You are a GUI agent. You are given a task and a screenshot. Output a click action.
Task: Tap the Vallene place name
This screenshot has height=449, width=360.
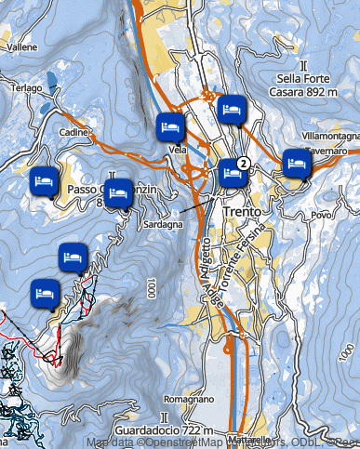22,46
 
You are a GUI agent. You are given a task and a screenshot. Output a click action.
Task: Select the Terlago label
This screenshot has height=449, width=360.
26,88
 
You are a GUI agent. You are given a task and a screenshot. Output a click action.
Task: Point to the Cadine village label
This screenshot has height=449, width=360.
72,133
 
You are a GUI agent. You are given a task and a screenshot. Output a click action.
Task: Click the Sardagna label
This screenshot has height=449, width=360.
161,225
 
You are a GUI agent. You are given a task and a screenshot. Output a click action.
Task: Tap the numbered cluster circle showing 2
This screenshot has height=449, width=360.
243,164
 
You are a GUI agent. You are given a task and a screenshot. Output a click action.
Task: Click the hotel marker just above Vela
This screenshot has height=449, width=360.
169,125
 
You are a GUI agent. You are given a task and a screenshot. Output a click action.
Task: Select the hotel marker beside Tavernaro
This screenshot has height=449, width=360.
296,164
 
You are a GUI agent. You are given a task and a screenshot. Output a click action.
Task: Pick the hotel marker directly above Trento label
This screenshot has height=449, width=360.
232,173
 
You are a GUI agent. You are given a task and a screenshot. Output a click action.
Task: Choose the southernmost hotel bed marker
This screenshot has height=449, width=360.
44,293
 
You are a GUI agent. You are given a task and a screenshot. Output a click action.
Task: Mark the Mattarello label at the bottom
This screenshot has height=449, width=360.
248,439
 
